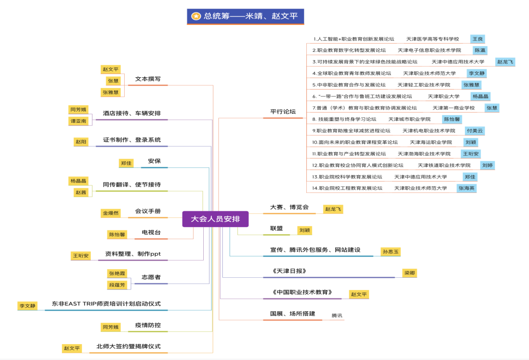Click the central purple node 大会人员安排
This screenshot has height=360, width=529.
[215, 219]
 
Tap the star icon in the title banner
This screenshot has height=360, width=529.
[196, 16]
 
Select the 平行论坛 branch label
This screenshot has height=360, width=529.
[283, 112]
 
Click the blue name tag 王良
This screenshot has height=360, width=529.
[478, 39]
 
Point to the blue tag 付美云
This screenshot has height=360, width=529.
[475, 131]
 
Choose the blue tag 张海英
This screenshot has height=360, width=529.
[466, 188]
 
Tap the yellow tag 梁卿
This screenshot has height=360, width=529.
[410, 273]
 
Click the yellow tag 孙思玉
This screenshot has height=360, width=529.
[390, 252]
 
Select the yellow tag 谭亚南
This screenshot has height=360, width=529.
[79, 121]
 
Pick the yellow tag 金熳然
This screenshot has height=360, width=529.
[110, 213]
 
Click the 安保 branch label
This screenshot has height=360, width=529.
[154, 161]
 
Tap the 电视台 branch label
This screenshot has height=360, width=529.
[151, 232]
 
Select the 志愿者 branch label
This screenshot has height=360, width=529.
[151, 277]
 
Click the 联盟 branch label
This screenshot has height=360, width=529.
[276, 229]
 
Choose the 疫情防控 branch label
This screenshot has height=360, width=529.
[148, 325]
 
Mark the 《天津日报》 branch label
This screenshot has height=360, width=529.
[290, 271]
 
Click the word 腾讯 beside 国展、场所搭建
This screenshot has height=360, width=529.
[337, 315]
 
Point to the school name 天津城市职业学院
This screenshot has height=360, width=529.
[409, 119]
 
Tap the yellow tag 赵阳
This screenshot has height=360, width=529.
[81, 141]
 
